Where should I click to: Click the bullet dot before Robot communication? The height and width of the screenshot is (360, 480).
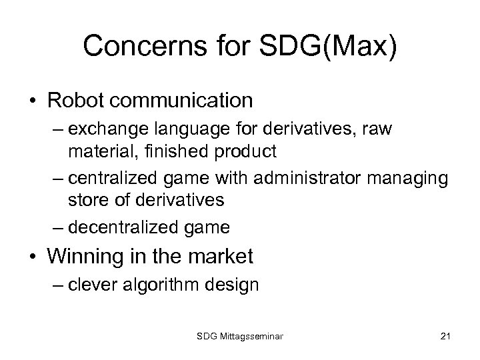[x=33, y=101]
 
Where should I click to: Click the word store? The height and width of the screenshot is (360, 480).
[x=87, y=199]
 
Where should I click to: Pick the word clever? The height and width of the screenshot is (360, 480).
[x=95, y=285]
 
